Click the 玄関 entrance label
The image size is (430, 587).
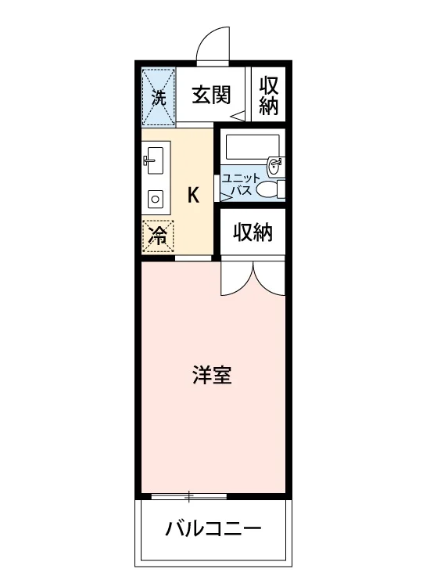pyautogui.click(x=211, y=95)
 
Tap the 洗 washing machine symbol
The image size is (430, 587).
pyautogui.click(x=159, y=97)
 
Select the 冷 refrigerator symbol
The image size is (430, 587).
pyautogui.click(x=158, y=236)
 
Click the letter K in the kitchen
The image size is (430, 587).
pyautogui.click(x=193, y=195)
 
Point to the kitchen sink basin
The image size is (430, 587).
pyautogui.click(x=155, y=160)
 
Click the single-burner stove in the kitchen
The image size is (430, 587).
pyautogui.click(x=155, y=200)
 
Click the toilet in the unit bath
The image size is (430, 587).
pyautogui.click(x=272, y=189)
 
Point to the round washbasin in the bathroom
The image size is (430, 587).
pyautogui.click(x=276, y=165)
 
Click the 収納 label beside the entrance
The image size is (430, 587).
pyautogui.click(x=269, y=95)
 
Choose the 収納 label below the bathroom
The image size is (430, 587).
pyautogui.click(x=253, y=232)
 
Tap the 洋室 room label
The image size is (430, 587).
pyautogui.click(x=212, y=375)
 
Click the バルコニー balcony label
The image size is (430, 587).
pyautogui.click(x=213, y=528)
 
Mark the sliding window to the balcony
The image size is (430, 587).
pyautogui.click(x=189, y=496)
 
